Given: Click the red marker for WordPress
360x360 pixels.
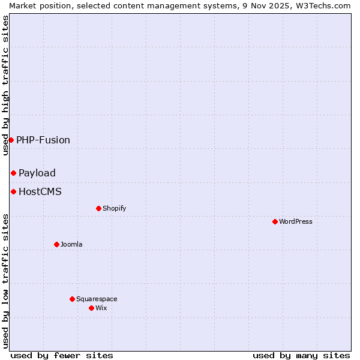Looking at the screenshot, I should point(275,221).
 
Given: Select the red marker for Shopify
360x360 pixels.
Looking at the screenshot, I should point(99,208).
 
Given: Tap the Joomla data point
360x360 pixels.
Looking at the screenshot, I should point(57,244).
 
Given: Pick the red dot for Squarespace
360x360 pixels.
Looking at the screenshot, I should point(73,299).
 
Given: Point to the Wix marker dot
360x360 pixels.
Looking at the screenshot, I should point(92,308).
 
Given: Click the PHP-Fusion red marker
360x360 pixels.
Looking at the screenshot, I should point(11,140).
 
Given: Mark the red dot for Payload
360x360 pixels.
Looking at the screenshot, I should point(13,173).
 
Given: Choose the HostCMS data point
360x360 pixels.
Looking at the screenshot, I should point(13,191).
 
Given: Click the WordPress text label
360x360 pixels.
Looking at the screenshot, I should point(296,221).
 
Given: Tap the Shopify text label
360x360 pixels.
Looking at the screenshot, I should point(115,208).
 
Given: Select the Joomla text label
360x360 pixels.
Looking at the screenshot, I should point(71,244).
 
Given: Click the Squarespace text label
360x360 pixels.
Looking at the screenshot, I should point(97,299).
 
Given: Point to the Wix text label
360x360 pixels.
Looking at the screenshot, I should point(101,308).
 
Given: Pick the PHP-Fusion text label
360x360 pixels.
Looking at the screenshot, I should point(43,140).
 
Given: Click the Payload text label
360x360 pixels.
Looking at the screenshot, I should point(37,173).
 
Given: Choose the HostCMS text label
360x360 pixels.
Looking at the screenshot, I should point(40,192).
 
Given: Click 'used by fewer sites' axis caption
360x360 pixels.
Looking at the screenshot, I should point(62,355).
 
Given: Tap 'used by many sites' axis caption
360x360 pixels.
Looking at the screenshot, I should point(301,355).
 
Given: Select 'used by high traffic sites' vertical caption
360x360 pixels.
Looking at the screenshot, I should point(5,85).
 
